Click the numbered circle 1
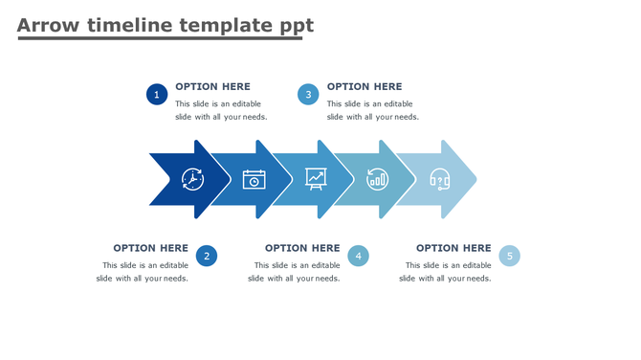pos(157,94)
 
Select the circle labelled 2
pos(207,256)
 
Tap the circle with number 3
pos(307,94)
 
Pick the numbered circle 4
pos(358,256)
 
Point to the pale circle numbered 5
pos(510,256)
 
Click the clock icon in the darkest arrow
pos(192,179)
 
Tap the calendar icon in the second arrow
pos(254,179)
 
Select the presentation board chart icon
pos(316,178)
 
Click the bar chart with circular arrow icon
pos(378,179)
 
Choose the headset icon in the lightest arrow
pos(439,179)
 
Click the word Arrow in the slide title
pos(48,26)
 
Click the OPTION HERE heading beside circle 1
pos(212,86)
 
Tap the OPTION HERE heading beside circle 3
pos(365,86)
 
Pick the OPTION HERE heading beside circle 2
pos(150,248)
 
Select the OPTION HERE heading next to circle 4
pos(302,248)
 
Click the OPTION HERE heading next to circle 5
pos(453,248)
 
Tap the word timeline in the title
pos(130,26)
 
